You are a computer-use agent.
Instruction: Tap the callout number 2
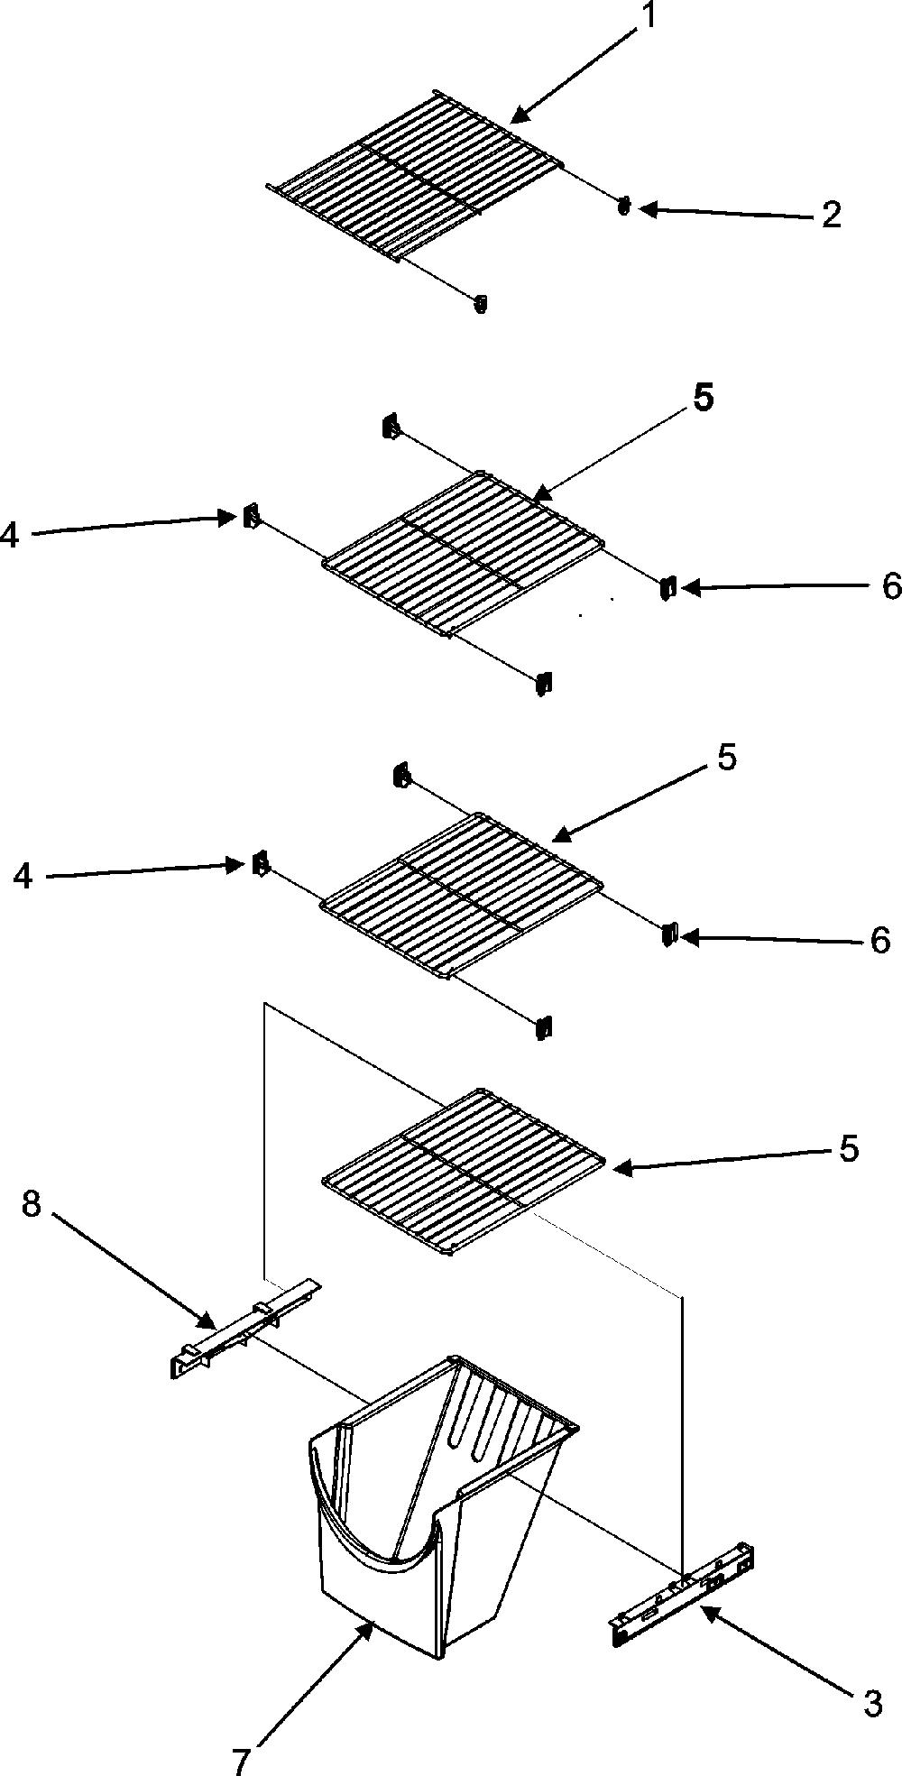(831, 215)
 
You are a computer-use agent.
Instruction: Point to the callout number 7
(241, 1761)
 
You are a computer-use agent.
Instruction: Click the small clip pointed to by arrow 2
(622, 207)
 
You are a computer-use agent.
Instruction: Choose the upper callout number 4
(9, 535)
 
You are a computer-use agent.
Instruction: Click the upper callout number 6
(890, 586)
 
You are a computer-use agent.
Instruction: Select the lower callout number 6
(879, 941)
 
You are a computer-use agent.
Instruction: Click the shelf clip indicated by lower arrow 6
(668, 934)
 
